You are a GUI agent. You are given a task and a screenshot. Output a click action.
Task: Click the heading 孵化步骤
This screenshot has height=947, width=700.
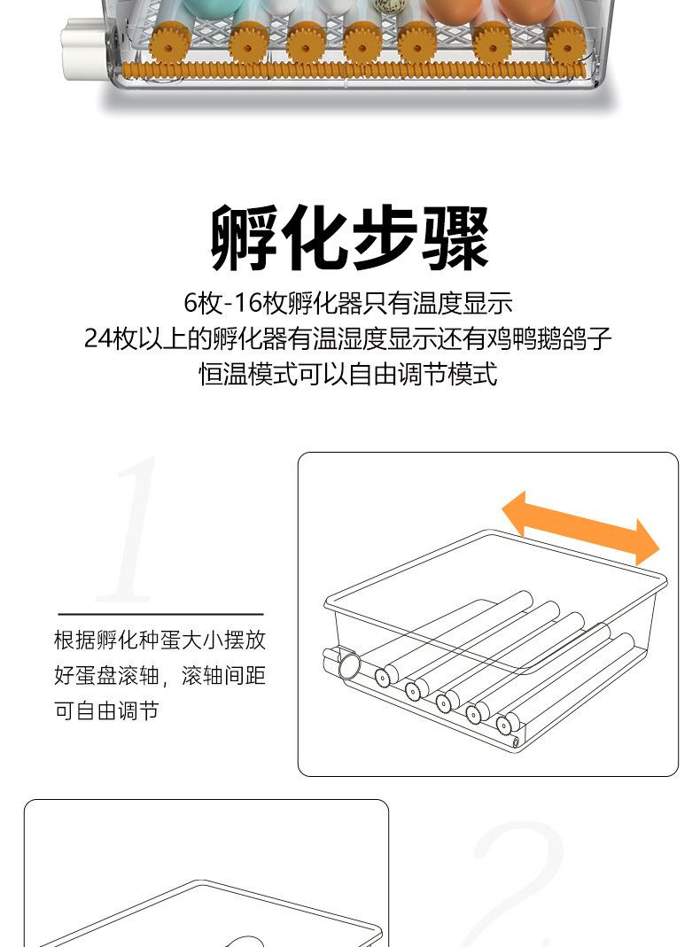[350, 238]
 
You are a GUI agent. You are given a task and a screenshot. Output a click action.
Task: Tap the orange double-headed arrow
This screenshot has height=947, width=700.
[580, 528]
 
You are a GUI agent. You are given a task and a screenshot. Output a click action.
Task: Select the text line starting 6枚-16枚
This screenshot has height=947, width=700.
[348, 303]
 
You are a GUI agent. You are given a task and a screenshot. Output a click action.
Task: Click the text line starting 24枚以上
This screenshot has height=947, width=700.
[348, 338]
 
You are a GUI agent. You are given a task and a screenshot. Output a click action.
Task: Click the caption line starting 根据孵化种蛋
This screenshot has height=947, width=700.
[159, 640]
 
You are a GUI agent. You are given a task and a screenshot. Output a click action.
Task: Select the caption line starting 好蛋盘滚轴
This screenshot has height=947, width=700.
[159, 676]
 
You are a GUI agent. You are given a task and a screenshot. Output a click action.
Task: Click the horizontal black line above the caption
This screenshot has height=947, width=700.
[160, 613]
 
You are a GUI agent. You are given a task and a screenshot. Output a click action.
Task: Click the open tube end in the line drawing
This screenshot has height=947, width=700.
[347, 664]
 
